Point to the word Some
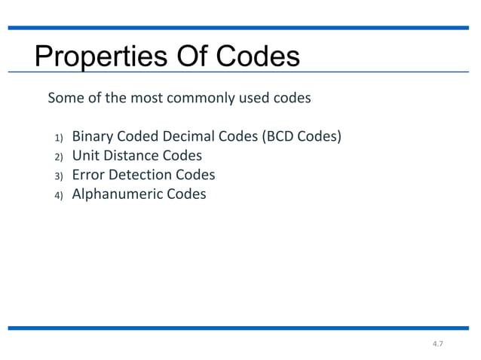click(x=64, y=98)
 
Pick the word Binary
click(x=91, y=137)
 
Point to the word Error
click(x=87, y=175)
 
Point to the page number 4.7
click(x=437, y=344)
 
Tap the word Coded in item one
click(x=137, y=137)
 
